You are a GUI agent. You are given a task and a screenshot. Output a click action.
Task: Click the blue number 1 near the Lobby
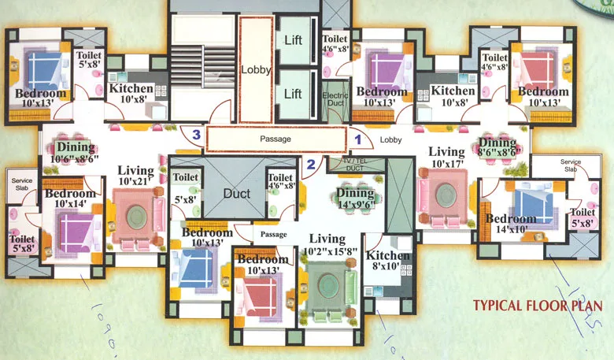(357, 138)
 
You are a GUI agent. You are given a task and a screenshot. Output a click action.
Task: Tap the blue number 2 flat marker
(311, 165)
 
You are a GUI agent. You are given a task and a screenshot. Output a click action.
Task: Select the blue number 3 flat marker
(196, 135)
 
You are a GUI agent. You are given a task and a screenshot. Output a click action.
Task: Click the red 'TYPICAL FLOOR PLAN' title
(538, 306)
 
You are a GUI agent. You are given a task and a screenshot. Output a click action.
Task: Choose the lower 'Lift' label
(293, 94)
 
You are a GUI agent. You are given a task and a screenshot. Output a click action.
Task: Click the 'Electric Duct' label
(335, 95)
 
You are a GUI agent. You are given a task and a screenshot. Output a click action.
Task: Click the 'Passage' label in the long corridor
(276, 139)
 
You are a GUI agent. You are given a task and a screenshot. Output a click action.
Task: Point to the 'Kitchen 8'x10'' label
(388, 262)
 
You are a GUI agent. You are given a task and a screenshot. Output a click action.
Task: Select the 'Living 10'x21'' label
(135, 176)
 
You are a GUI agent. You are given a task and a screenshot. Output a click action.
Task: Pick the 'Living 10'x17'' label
(446, 158)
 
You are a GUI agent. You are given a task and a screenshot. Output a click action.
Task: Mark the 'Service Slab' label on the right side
(571, 166)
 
